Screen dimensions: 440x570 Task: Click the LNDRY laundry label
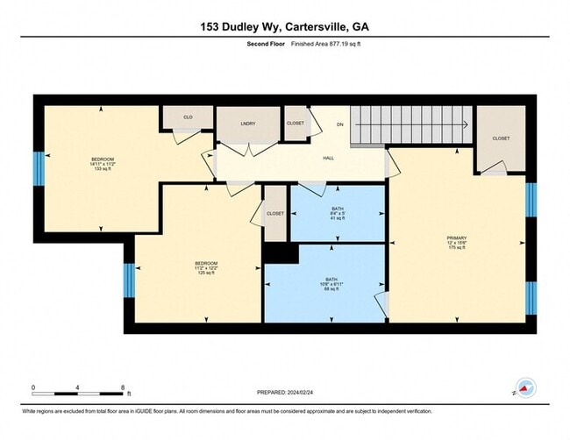pyautogui.click(x=247, y=124)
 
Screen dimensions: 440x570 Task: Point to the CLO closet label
pyautogui.click(x=188, y=117)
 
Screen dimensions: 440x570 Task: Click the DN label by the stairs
pyautogui.click(x=340, y=125)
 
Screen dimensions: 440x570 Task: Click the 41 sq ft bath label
pyautogui.click(x=338, y=215)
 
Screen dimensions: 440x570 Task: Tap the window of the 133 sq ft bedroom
pyautogui.click(x=39, y=168)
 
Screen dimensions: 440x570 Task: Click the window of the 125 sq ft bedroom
pyautogui.click(x=129, y=280)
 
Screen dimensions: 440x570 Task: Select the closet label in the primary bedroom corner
pyautogui.click(x=501, y=138)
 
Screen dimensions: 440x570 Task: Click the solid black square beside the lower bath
pyautogui.click(x=281, y=253)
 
